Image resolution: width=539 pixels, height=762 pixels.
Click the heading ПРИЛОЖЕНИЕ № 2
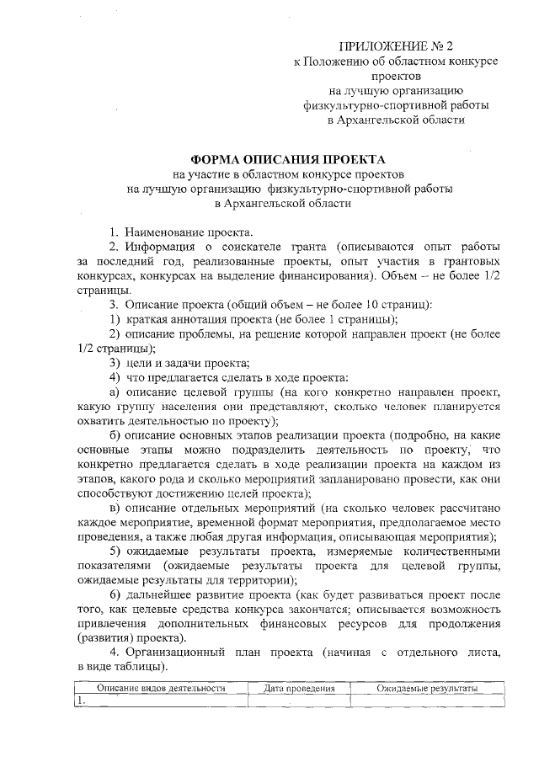(x=395, y=45)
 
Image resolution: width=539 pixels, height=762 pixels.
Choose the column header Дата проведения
(x=299, y=688)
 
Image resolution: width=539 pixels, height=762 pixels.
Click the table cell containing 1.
(x=159, y=701)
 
